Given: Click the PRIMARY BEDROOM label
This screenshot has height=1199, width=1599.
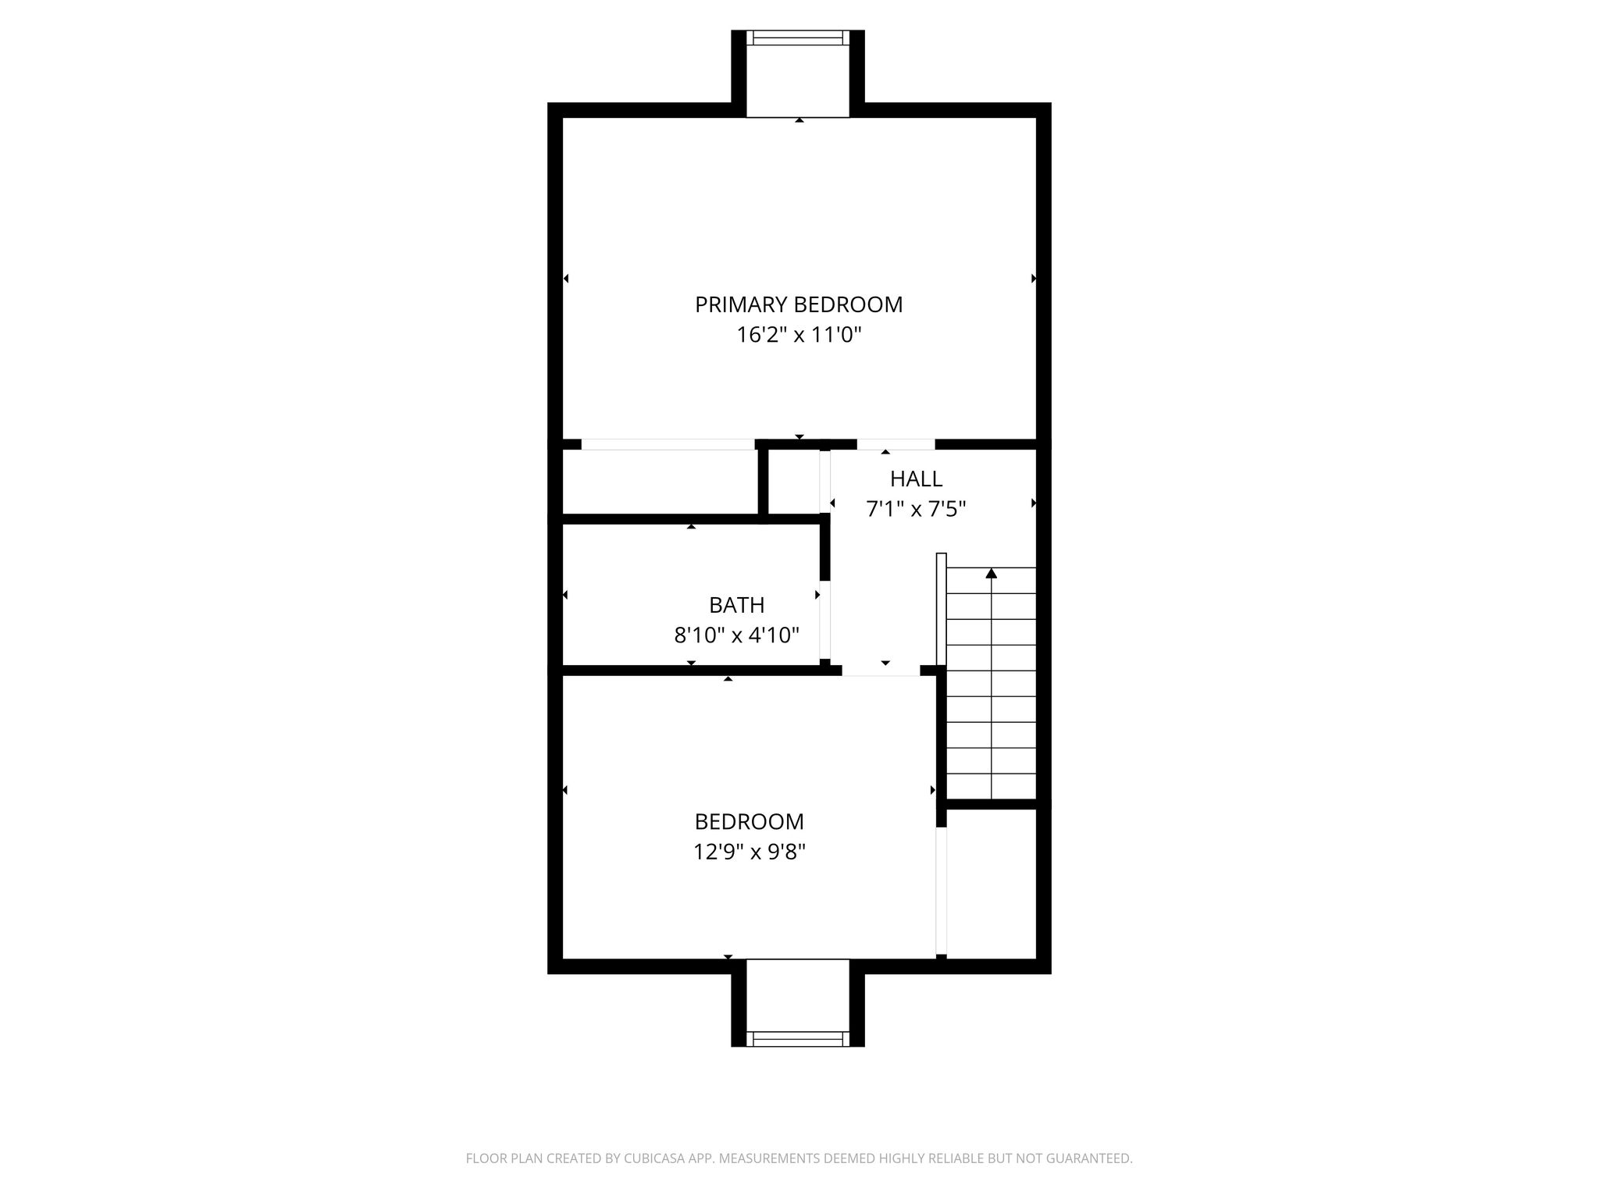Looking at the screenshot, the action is [x=799, y=304].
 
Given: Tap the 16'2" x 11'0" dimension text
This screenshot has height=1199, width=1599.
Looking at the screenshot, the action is [x=799, y=335].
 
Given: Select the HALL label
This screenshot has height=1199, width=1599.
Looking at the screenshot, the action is [x=916, y=479].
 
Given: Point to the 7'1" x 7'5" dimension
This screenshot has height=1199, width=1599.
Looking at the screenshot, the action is [x=916, y=509].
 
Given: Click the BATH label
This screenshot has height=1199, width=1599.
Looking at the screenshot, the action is [x=736, y=605].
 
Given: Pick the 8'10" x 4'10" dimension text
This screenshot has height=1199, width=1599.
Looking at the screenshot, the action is [x=736, y=635].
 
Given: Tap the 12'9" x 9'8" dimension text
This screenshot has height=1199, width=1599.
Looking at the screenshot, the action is [x=749, y=852].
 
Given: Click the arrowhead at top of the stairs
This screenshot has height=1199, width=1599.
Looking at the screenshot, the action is [x=992, y=573].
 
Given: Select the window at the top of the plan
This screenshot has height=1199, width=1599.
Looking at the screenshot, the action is [x=798, y=38].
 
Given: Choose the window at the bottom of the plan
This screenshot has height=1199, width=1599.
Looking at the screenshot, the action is [x=798, y=1038].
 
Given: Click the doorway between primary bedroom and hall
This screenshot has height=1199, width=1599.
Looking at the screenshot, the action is [x=896, y=444].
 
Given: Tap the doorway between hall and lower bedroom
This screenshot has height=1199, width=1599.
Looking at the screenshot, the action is [x=881, y=671].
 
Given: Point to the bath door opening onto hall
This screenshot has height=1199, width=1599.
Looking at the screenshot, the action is [x=824, y=621].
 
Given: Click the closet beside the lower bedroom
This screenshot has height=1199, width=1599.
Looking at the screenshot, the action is [x=991, y=883].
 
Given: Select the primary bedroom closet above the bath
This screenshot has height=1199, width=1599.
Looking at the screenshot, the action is [x=660, y=482].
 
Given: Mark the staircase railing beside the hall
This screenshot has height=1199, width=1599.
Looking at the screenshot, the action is [x=941, y=609].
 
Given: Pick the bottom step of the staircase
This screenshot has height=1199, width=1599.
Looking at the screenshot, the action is [x=992, y=786].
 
